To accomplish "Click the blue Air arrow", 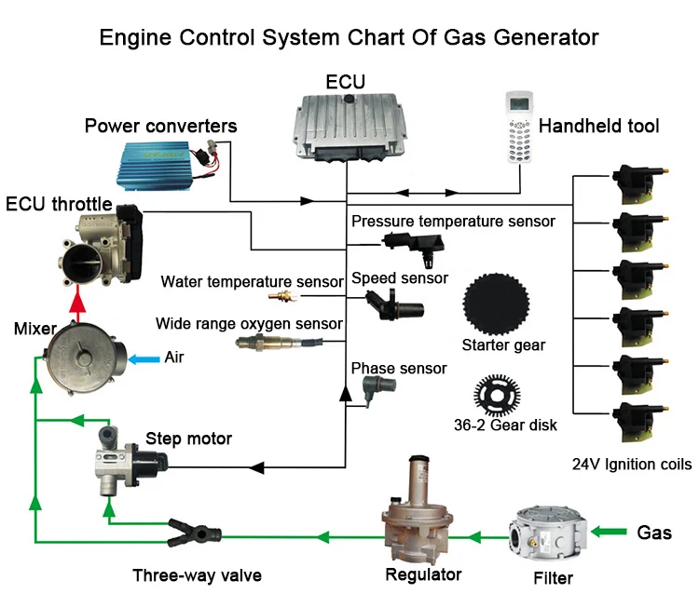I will (x=141, y=358).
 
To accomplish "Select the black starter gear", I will (x=497, y=300).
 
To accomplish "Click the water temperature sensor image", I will (x=279, y=296).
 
